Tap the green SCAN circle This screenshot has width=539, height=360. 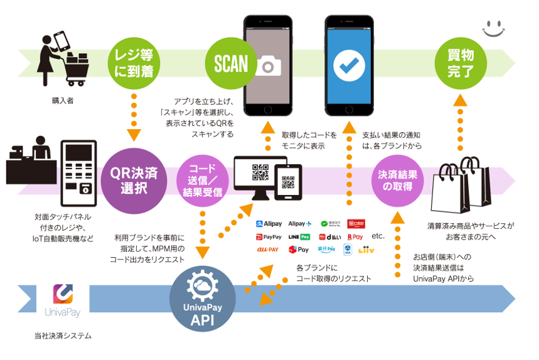pos(231,63)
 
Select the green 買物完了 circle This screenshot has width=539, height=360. pos(461,63)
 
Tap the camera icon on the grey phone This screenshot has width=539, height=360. pos(268,66)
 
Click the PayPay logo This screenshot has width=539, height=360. pos(269,237)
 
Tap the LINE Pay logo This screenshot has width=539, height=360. pos(299,237)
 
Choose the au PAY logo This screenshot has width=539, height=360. pos(268,250)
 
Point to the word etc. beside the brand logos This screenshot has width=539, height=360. pos(378,236)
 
